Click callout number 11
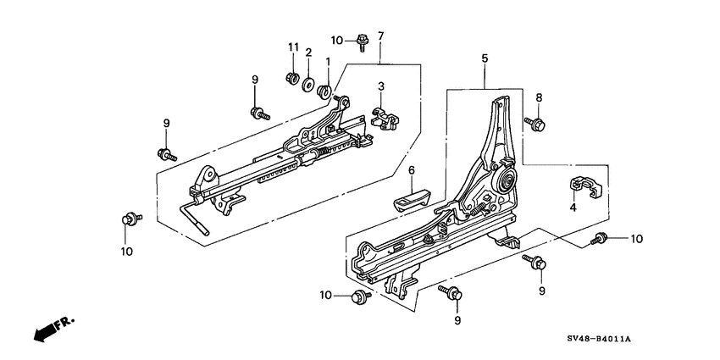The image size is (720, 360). click(293, 46)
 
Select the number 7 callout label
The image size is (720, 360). click(381, 36)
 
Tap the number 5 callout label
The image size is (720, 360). click(485, 59)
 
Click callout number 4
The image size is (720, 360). click(572, 208)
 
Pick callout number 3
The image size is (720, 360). click(382, 86)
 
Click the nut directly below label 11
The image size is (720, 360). click(293, 80)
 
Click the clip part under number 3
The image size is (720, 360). click(382, 119)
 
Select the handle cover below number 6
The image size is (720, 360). click(411, 203)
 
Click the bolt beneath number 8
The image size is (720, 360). click(535, 124)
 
